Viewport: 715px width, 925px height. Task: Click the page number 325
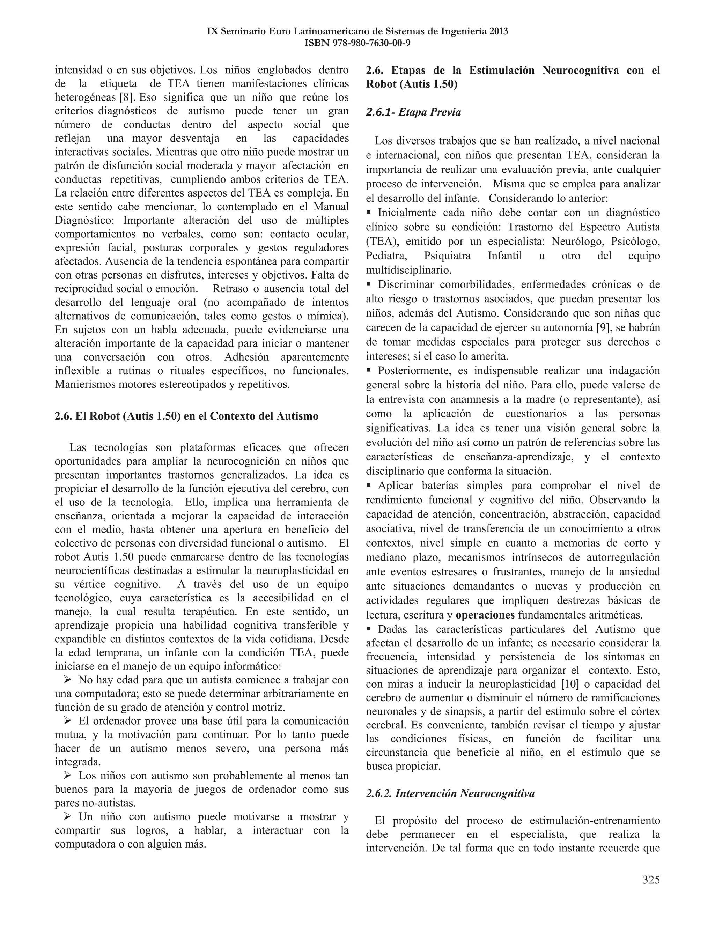(x=651, y=880)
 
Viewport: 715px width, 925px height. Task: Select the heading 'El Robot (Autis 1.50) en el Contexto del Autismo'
(x=186, y=416)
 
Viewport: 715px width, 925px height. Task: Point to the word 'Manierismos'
(x=85, y=385)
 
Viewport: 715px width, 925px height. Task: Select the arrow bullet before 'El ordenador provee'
(x=67, y=721)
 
